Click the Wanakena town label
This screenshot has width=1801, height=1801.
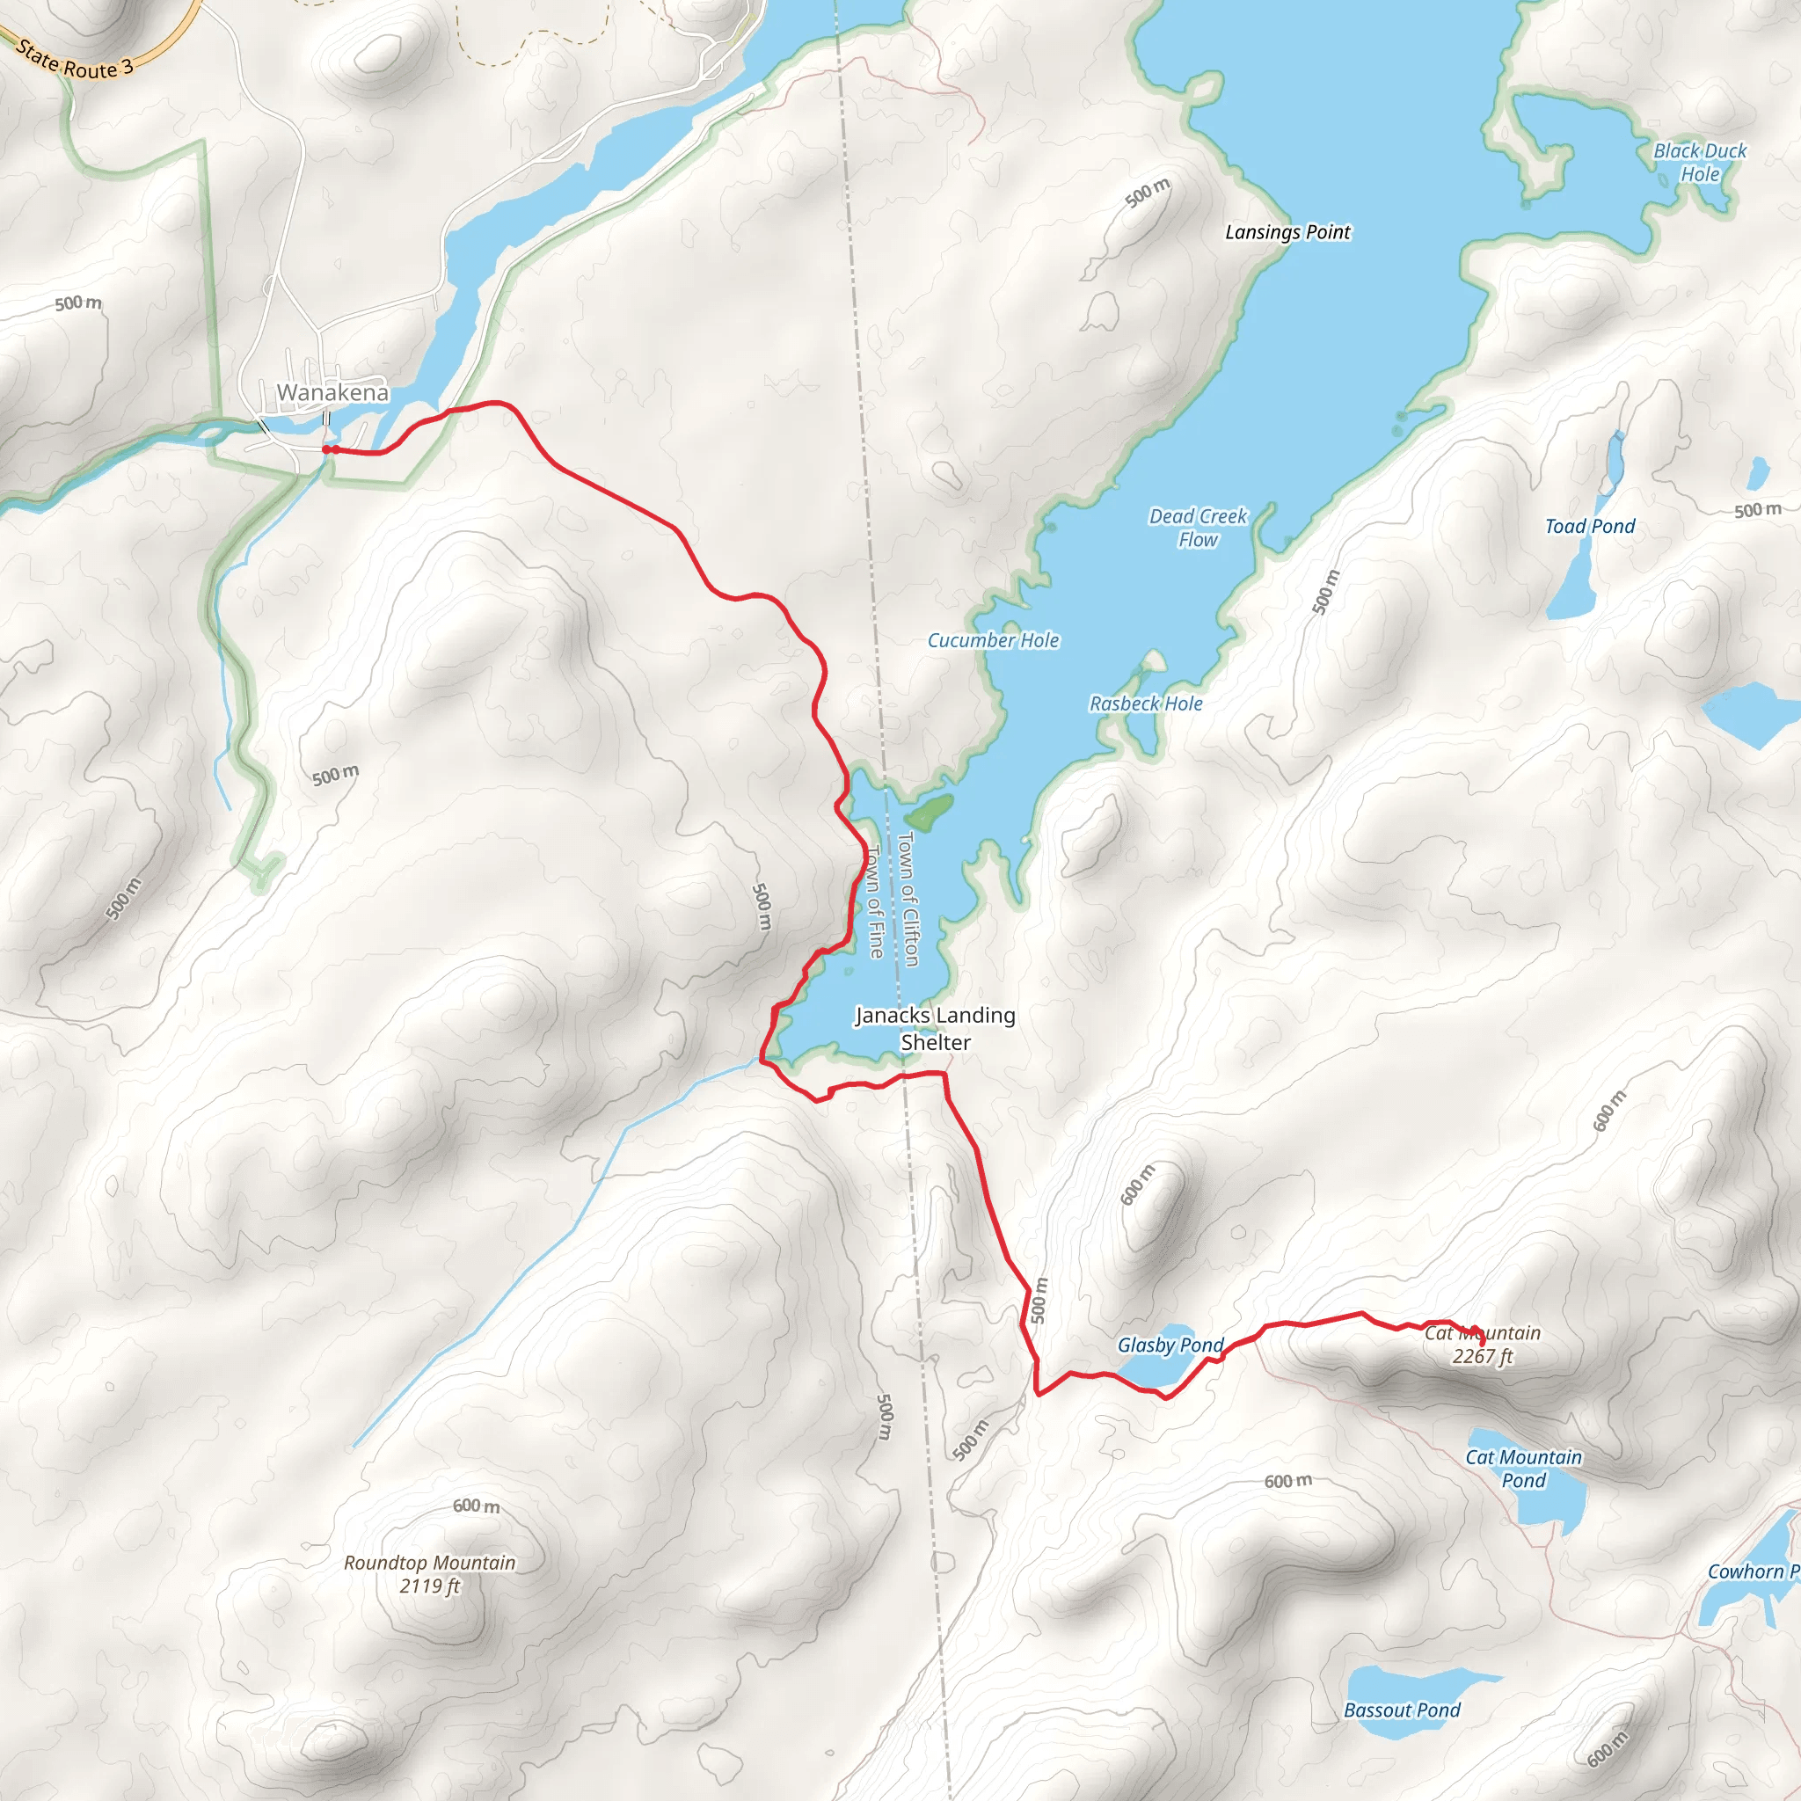(332, 392)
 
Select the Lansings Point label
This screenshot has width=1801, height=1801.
(1287, 232)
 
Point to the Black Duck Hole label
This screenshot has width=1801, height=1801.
(1699, 162)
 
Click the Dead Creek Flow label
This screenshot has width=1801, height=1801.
(1198, 528)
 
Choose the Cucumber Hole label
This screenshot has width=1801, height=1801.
(993, 640)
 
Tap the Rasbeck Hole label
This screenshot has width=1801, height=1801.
(1146, 704)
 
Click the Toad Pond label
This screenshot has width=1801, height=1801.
(1589, 527)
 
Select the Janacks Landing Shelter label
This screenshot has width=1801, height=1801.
(935, 1028)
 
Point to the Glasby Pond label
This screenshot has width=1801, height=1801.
(1170, 1345)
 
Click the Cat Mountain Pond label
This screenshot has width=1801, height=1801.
(1523, 1469)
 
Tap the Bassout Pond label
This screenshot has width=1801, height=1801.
(1401, 1710)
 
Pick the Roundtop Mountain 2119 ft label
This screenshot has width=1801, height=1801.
(430, 1573)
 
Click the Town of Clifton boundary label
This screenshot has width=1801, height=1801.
(908, 900)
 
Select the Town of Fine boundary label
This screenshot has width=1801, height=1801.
(875, 901)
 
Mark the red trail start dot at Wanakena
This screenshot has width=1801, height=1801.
(327, 450)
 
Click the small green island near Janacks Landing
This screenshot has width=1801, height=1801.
(929, 812)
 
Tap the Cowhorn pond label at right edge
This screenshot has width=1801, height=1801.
(1753, 1571)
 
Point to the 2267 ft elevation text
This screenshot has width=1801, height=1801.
(1482, 1356)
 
